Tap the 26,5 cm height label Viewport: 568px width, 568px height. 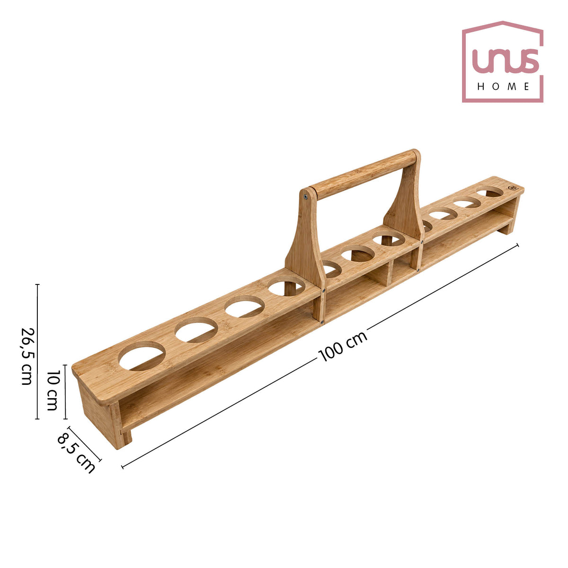click(x=28, y=356)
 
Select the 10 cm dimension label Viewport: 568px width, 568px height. click(x=53, y=390)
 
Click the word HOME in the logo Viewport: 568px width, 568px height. click(x=503, y=86)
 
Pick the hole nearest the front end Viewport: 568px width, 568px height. click(x=142, y=356)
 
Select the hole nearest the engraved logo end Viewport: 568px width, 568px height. click(x=489, y=192)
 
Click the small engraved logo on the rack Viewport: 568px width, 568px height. click(x=512, y=188)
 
